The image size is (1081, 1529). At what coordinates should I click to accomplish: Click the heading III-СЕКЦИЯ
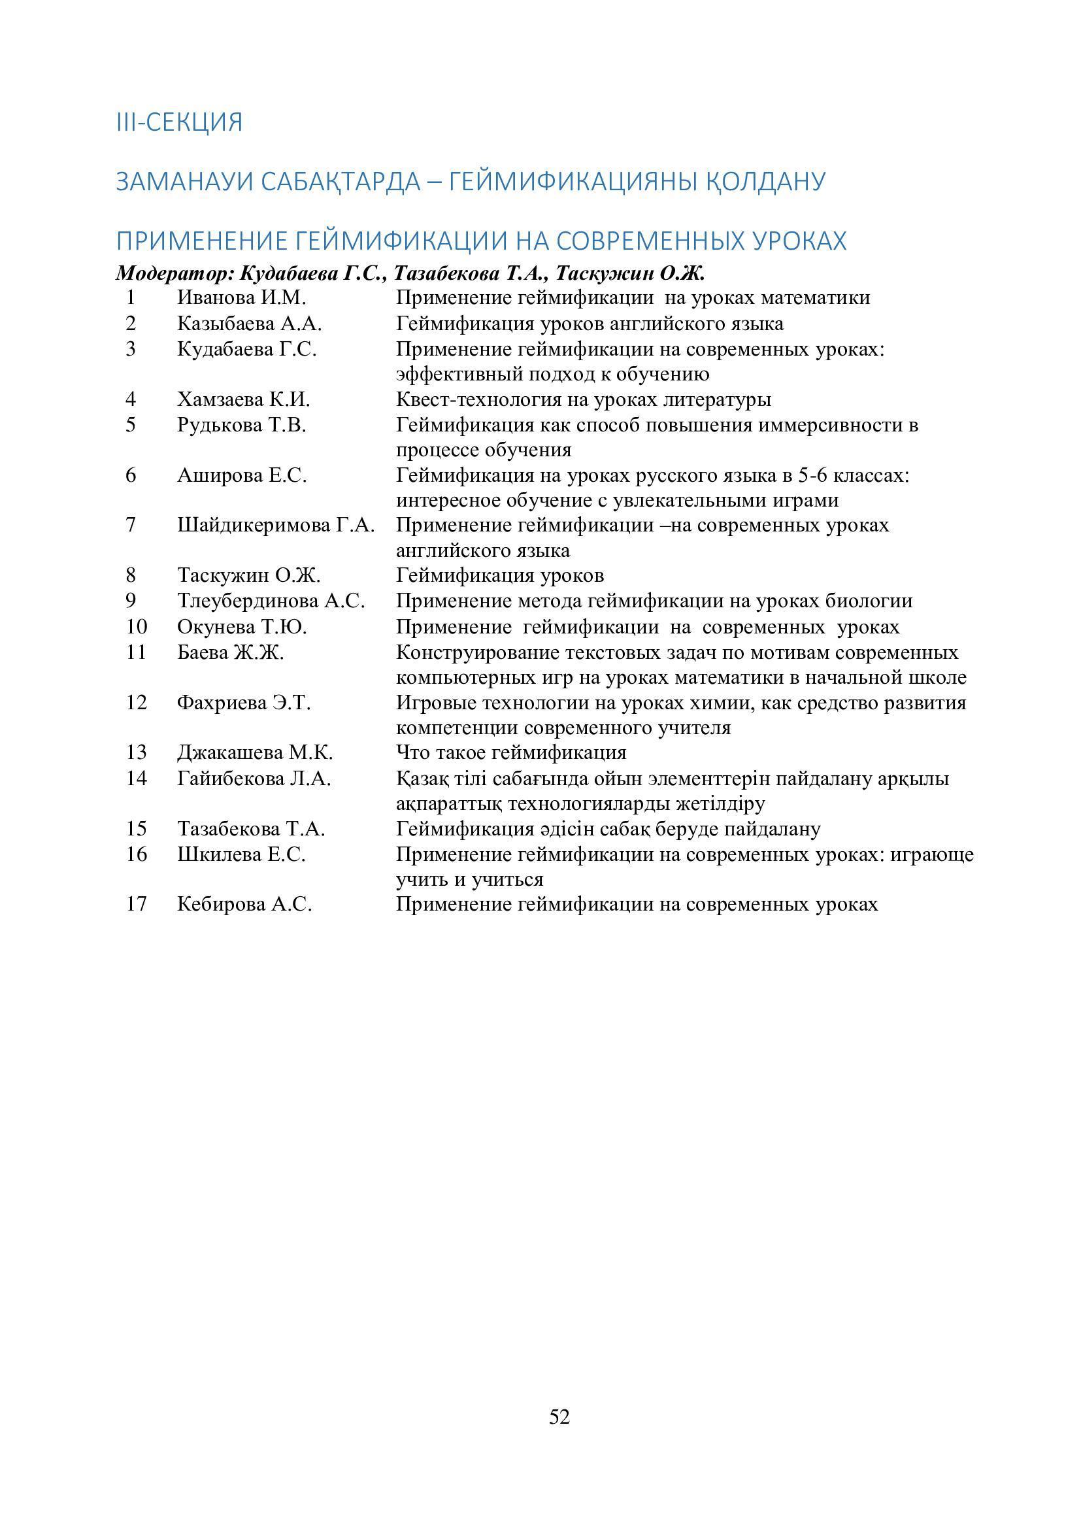click(179, 122)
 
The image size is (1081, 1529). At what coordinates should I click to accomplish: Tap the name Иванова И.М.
click(241, 297)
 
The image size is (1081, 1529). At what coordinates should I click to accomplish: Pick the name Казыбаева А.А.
click(249, 324)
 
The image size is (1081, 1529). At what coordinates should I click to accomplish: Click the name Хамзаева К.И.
click(244, 399)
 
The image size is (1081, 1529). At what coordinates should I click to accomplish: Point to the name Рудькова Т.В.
click(242, 425)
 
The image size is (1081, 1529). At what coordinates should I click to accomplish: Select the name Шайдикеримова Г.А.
click(276, 526)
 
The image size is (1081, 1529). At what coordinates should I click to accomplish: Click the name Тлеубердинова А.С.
click(271, 601)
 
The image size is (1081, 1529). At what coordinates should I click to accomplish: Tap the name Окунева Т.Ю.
click(242, 627)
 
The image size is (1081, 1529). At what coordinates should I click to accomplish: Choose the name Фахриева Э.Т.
click(244, 703)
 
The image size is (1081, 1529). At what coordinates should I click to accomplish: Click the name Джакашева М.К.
click(255, 752)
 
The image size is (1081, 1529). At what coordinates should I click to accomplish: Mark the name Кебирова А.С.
click(244, 904)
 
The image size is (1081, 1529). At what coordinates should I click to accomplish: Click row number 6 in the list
click(131, 475)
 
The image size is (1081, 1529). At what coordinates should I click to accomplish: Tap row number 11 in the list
click(136, 652)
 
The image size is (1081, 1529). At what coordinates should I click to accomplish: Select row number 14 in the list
click(136, 778)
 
